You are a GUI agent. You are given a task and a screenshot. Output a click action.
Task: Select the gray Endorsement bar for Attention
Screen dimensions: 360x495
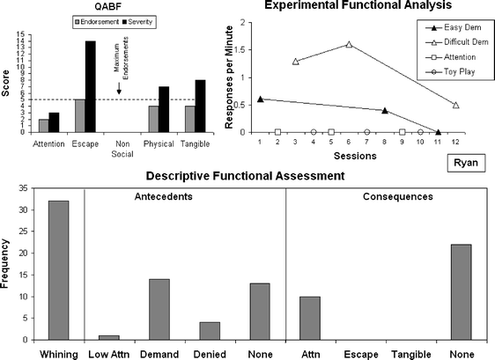click(44, 126)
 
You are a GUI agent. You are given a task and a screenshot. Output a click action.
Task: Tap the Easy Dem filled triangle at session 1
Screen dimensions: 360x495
click(260, 99)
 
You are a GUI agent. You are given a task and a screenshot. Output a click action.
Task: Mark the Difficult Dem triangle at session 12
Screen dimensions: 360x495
click(455, 105)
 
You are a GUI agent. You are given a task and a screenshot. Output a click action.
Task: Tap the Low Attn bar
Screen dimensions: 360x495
click(107, 336)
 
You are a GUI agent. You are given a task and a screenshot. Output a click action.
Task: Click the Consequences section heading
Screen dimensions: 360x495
click(388, 195)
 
